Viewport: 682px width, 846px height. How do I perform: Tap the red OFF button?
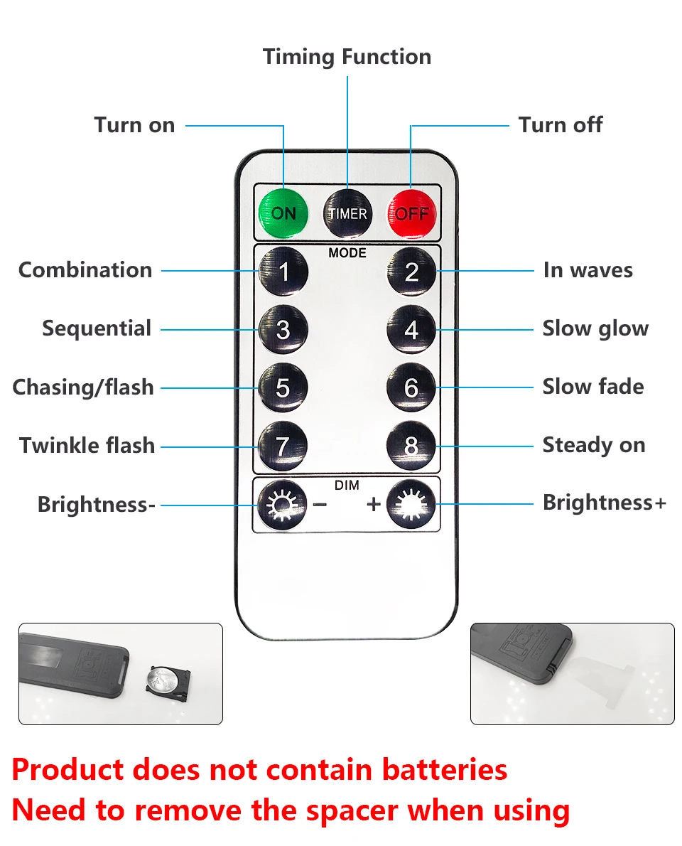pos(412,213)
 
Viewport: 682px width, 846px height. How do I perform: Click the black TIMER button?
pos(348,213)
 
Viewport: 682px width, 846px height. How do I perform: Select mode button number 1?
pos(283,271)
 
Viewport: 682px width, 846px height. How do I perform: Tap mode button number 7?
pos(283,446)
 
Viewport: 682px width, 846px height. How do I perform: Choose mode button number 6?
pos(411,387)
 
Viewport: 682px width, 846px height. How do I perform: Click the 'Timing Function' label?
pos(347,57)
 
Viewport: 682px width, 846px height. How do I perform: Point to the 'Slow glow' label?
pos(595,328)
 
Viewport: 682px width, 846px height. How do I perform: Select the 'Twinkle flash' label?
pos(87,446)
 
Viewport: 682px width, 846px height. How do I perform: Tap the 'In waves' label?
pos(588,270)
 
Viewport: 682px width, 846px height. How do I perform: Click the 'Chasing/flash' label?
pos(83,387)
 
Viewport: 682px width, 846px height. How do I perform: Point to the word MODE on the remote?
pos(347,253)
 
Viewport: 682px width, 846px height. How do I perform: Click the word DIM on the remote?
pos(347,486)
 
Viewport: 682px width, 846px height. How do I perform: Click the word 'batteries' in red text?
pos(445,770)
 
